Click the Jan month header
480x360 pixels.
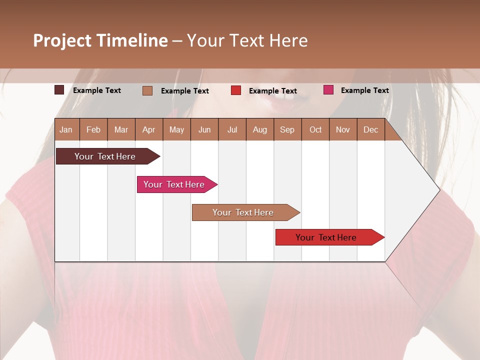pyautogui.click(x=66, y=130)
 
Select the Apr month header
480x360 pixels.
pyautogui.click(x=149, y=130)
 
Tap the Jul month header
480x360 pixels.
pyautogui.click(x=232, y=130)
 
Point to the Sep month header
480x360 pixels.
pyautogui.click(x=287, y=130)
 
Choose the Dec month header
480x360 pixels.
pyautogui.click(x=371, y=130)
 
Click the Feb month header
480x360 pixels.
pyautogui.click(x=93, y=130)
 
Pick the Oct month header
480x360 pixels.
pyautogui.click(x=315, y=130)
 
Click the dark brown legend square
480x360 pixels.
pyautogui.click(x=59, y=90)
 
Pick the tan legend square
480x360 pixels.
pyautogui.click(x=147, y=90)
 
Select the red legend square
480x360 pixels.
pyautogui.click(x=236, y=90)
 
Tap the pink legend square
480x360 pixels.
pyautogui.click(x=328, y=90)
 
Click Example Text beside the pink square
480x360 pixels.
pyautogui.click(x=364, y=90)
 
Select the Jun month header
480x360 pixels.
pyautogui.click(x=204, y=130)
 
